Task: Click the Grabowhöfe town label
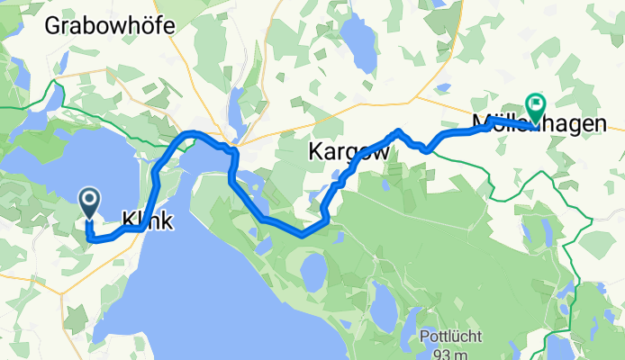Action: click(104, 26)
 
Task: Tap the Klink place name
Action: click(147, 219)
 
